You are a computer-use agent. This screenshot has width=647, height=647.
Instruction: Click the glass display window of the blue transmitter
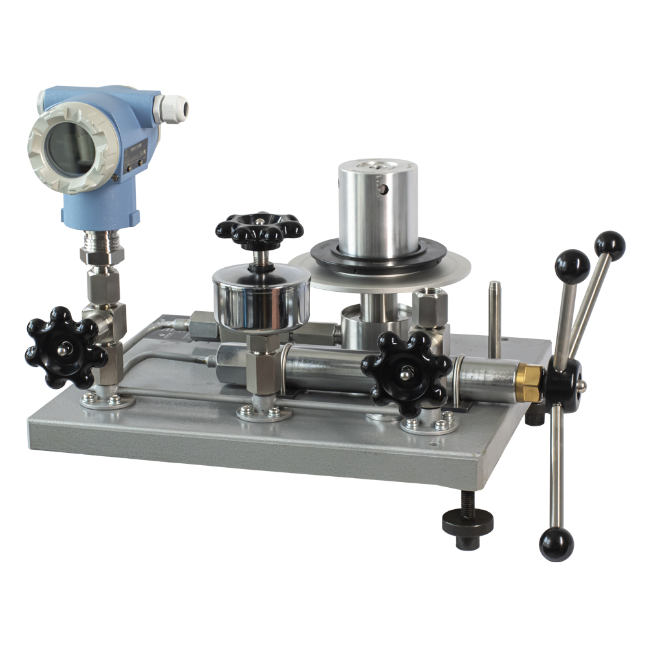[x=69, y=149]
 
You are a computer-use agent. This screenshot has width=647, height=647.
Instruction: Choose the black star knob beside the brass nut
[x=406, y=373]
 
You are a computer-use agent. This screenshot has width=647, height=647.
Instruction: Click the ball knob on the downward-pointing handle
[x=556, y=543]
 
